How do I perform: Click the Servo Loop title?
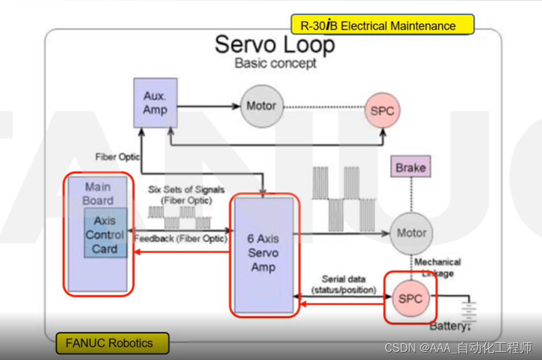click(x=274, y=44)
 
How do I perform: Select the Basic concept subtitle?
click(x=275, y=63)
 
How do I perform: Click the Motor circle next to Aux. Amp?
click(x=261, y=106)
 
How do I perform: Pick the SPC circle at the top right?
click(x=382, y=111)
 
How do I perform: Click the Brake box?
click(x=411, y=168)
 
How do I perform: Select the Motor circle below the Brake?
click(x=412, y=233)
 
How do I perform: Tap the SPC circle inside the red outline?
click(x=410, y=298)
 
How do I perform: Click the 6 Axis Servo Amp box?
click(x=263, y=253)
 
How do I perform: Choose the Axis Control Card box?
click(x=105, y=234)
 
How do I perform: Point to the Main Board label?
click(x=99, y=193)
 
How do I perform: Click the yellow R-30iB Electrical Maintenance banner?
click(x=382, y=26)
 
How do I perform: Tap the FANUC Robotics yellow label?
click(x=110, y=343)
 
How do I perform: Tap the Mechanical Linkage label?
click(x=437, y=267)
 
